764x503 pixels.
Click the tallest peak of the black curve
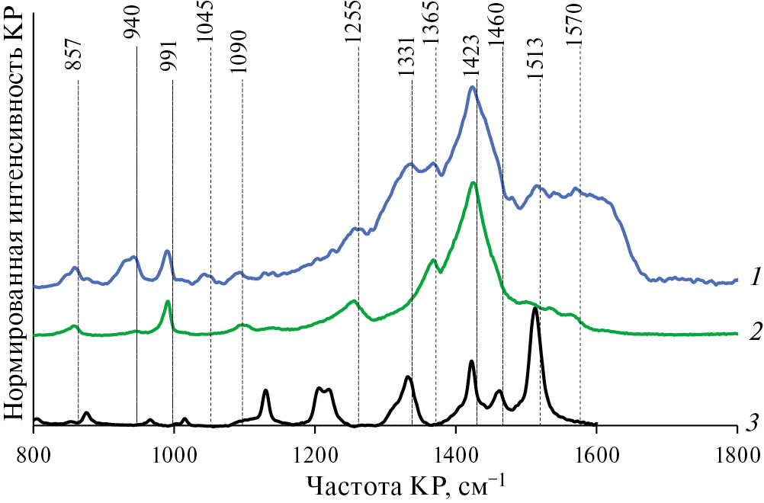pos(535,309)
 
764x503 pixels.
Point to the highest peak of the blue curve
pos(472,87)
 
